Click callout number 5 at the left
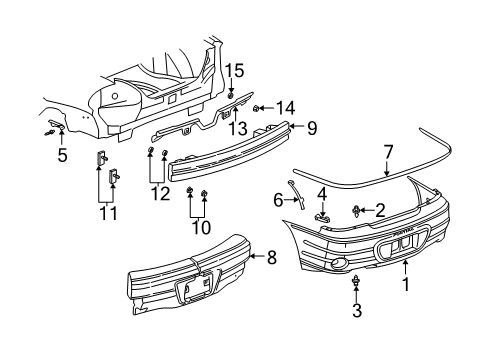[61, 155]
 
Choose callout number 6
[278, 200]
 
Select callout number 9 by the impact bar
[310, 128]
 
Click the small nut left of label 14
[259, 106]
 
